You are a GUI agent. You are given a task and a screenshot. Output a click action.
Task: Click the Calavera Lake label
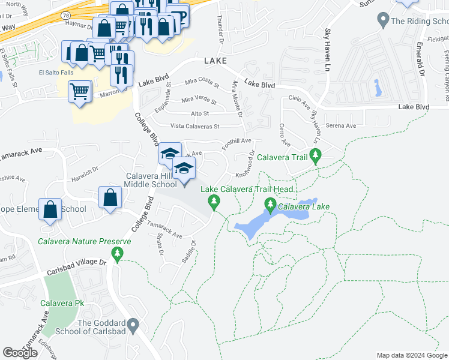[304, 206]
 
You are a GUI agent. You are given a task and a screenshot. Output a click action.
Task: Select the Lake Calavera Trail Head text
[247, 189]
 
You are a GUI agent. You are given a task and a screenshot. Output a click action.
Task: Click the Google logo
[20, 353]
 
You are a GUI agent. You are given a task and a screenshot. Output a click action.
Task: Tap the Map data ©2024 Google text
[412, 355]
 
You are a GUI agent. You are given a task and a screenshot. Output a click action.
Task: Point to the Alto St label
[199, 113]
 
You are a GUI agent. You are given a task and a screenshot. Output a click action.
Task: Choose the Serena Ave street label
[340, 126]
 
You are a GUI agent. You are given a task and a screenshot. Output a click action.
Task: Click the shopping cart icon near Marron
[79, 92]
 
